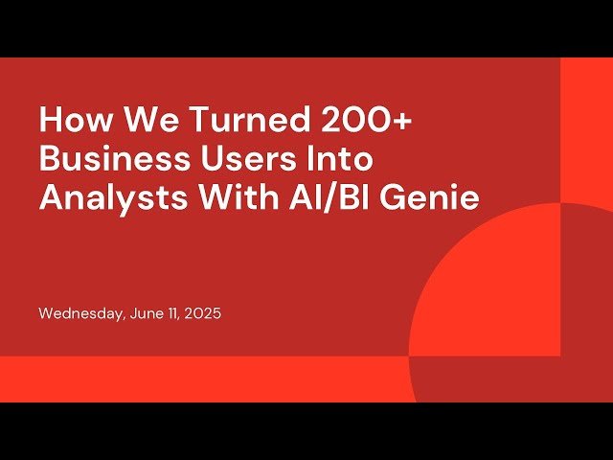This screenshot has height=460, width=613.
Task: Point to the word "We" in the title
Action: [138, 122]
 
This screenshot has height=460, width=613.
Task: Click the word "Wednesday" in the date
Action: [79, 313]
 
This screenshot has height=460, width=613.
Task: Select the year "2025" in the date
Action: [203, 313]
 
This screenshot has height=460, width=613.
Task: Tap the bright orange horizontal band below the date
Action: [192, 379]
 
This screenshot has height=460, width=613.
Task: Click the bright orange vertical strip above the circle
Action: [585, 125]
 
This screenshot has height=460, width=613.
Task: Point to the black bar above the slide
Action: [306, 28]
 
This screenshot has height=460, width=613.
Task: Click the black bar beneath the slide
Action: [306, 431]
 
